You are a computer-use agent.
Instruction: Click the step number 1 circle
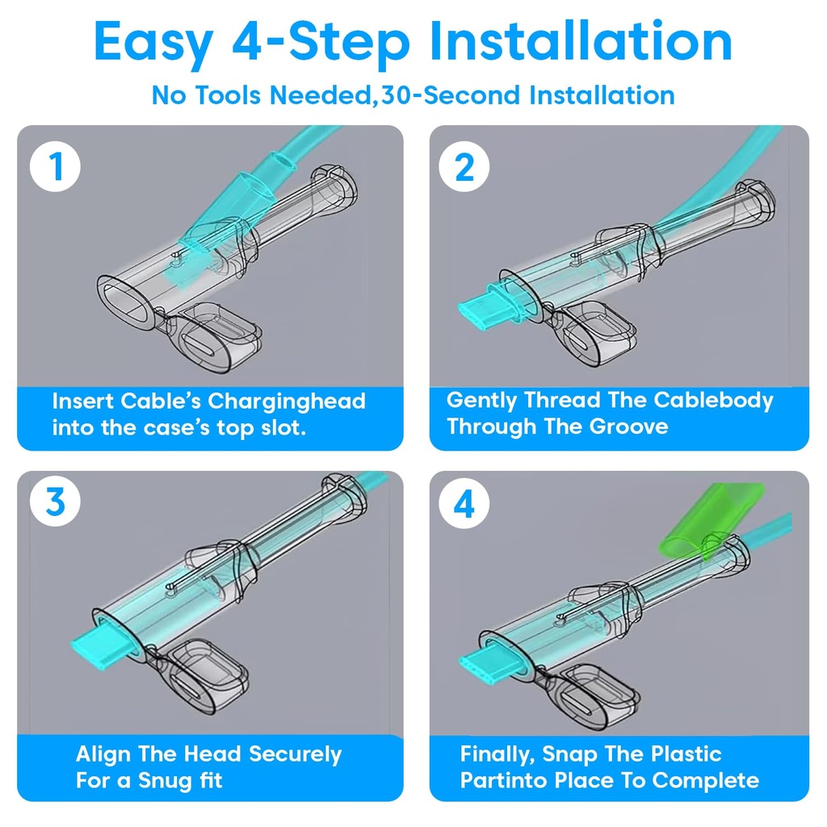pos(56,166)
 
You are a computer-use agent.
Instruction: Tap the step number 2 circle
pos(464,166)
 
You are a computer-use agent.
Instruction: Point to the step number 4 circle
pos(464,504)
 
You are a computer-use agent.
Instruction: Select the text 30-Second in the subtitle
pos(451,95)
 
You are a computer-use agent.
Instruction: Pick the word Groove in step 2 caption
pos(628,426)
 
